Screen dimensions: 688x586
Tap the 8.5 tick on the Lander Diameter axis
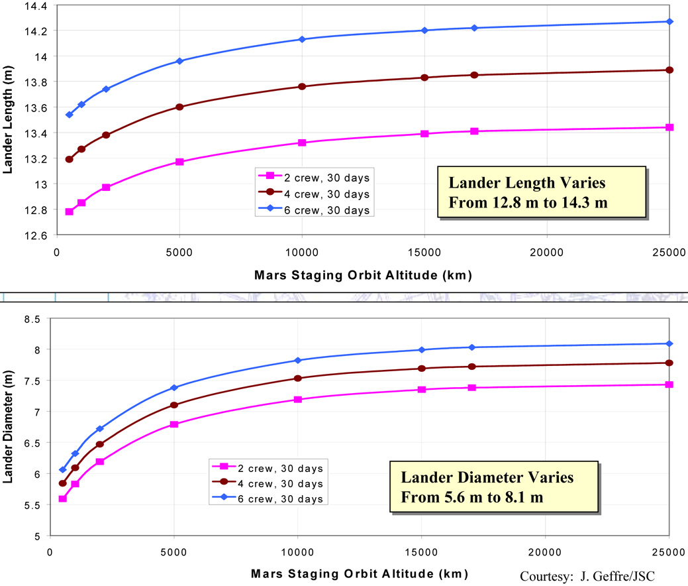pyautogui.click(x=32, y=320)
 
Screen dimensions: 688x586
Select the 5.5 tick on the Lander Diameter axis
pyautogui.click(x=32, y=506)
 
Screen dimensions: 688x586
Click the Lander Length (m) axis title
pyautogui.click(x=8, y=119)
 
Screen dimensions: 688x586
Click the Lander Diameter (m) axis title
pyautogui.click(x=8, y=427)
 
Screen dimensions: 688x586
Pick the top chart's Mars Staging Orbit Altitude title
pyautogui.click(x=363, y=275)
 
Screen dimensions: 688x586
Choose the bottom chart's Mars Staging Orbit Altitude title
pyautogui.click(x=360, y=573)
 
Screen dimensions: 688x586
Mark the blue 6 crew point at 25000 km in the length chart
pyautogui.click(x=669, y=21)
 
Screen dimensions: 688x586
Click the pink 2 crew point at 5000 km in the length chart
pyautogui.click(x=179, y=162)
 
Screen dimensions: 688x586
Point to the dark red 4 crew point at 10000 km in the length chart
pyautogui.click(x=302, y=87)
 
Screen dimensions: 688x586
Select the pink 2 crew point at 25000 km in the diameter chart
pyautogui.click(x=669, y=384)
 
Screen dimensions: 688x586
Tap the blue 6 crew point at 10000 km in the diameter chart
pyautogui.click(x=298, y=360)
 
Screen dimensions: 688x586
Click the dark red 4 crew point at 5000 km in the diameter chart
pyautogui.click(x=174, y=405)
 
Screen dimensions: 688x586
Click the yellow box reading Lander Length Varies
pyautogui.click(x=542, y=192)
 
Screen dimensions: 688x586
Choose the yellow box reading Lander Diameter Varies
pyautogui.click(x=494, y=487)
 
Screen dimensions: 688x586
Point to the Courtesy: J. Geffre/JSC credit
pyautogui.click(x=587, y=576)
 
